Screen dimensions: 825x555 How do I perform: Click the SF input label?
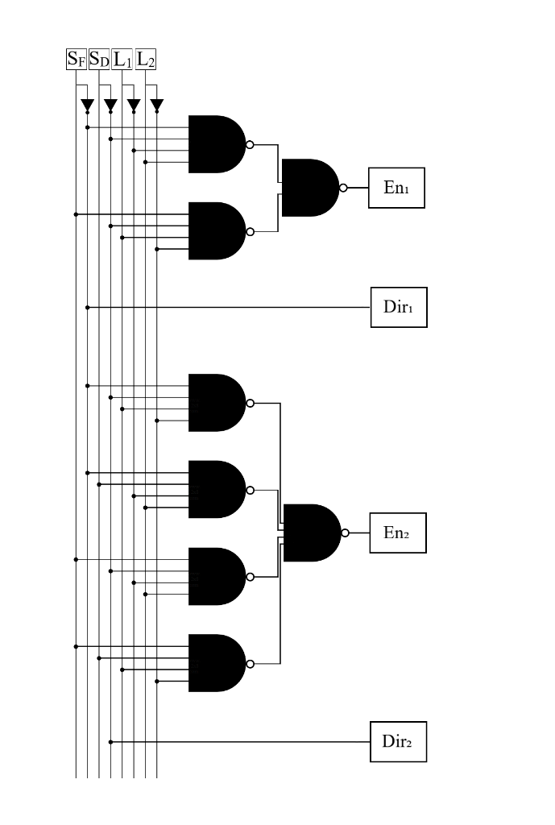(x=76, y=60)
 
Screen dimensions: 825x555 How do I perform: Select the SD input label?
(x=99, y=60)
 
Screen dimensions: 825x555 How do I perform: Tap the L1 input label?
(x=122, y=60)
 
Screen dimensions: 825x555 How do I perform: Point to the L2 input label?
(x=146, y=60)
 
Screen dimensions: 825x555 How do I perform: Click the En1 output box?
(x=396, y=189)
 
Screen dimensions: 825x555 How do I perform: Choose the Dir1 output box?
(x=398, y=307)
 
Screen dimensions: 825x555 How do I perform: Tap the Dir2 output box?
(x=398, y=741)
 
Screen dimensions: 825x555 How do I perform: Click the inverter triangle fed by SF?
(x=87, y=106)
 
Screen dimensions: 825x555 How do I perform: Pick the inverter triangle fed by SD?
(x=110, y=106)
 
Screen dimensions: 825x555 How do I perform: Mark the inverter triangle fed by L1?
(x=134, y=106)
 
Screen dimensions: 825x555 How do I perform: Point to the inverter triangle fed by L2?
(x=157, y=106)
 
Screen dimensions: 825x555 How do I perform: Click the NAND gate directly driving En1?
(x=309, y=188)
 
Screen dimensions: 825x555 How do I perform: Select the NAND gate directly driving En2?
(x=311, y=533)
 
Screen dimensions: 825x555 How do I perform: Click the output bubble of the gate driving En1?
(x=343, y=188)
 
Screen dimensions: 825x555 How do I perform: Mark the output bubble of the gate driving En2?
(x=345, y=533)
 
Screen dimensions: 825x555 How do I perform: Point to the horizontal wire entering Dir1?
(x=242, y=307)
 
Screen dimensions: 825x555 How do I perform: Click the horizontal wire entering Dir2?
(x=242, y=741)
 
